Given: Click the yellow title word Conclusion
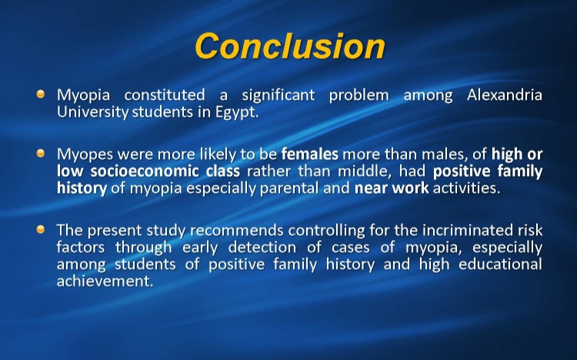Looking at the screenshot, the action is point(290,46).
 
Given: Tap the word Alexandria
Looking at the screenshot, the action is point(505,95).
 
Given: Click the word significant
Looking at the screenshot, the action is point(278,95).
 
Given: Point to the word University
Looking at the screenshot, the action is point(93,112).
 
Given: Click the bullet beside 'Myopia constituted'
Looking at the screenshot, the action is point(41,94).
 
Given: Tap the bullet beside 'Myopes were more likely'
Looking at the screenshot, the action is point(41,153).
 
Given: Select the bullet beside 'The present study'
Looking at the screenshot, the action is point(41,229).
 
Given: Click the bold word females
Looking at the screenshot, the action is point(310,154).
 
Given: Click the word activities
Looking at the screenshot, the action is point(467,188).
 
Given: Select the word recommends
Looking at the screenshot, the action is point(237,231).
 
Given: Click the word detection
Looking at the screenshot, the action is point(262,248).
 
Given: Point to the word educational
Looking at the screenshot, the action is point(501,265).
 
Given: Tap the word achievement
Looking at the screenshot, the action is point(105,282).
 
